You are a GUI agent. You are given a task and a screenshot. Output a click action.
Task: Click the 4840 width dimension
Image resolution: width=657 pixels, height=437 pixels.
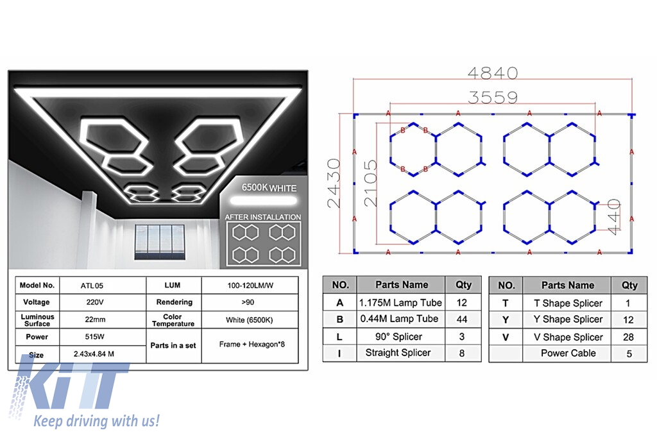pyautogui.click(x=493, y=73)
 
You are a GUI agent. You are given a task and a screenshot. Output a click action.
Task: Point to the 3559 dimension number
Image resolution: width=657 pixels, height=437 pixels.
pyautogui.click(x=493, y=97)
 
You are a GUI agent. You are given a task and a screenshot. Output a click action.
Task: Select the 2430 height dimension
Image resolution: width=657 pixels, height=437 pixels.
pyautogui.click(x=334, y=183)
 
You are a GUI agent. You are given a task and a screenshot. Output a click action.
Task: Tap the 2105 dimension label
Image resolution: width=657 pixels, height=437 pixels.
pyautogui.click(x=371, y=183)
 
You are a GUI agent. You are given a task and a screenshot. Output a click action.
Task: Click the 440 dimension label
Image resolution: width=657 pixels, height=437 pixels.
pyautogui.click(x=614, y=217)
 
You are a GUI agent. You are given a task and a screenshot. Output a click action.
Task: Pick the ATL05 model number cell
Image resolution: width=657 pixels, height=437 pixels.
pyautogui.click(x=92, y=286)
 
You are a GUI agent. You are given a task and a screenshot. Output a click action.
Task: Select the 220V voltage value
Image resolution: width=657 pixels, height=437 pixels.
pyautogui.click(x=95, y=302)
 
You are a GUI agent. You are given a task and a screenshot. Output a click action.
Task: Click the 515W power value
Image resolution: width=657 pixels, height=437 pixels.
pyautogui.click(x=94, y=336)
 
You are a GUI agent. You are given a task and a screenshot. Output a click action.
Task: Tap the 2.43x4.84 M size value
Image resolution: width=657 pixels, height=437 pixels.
pyautogui.click(x=94, y=354)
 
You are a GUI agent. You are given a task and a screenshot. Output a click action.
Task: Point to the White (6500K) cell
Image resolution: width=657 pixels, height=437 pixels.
pyautogui.click(x=250, y=320)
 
